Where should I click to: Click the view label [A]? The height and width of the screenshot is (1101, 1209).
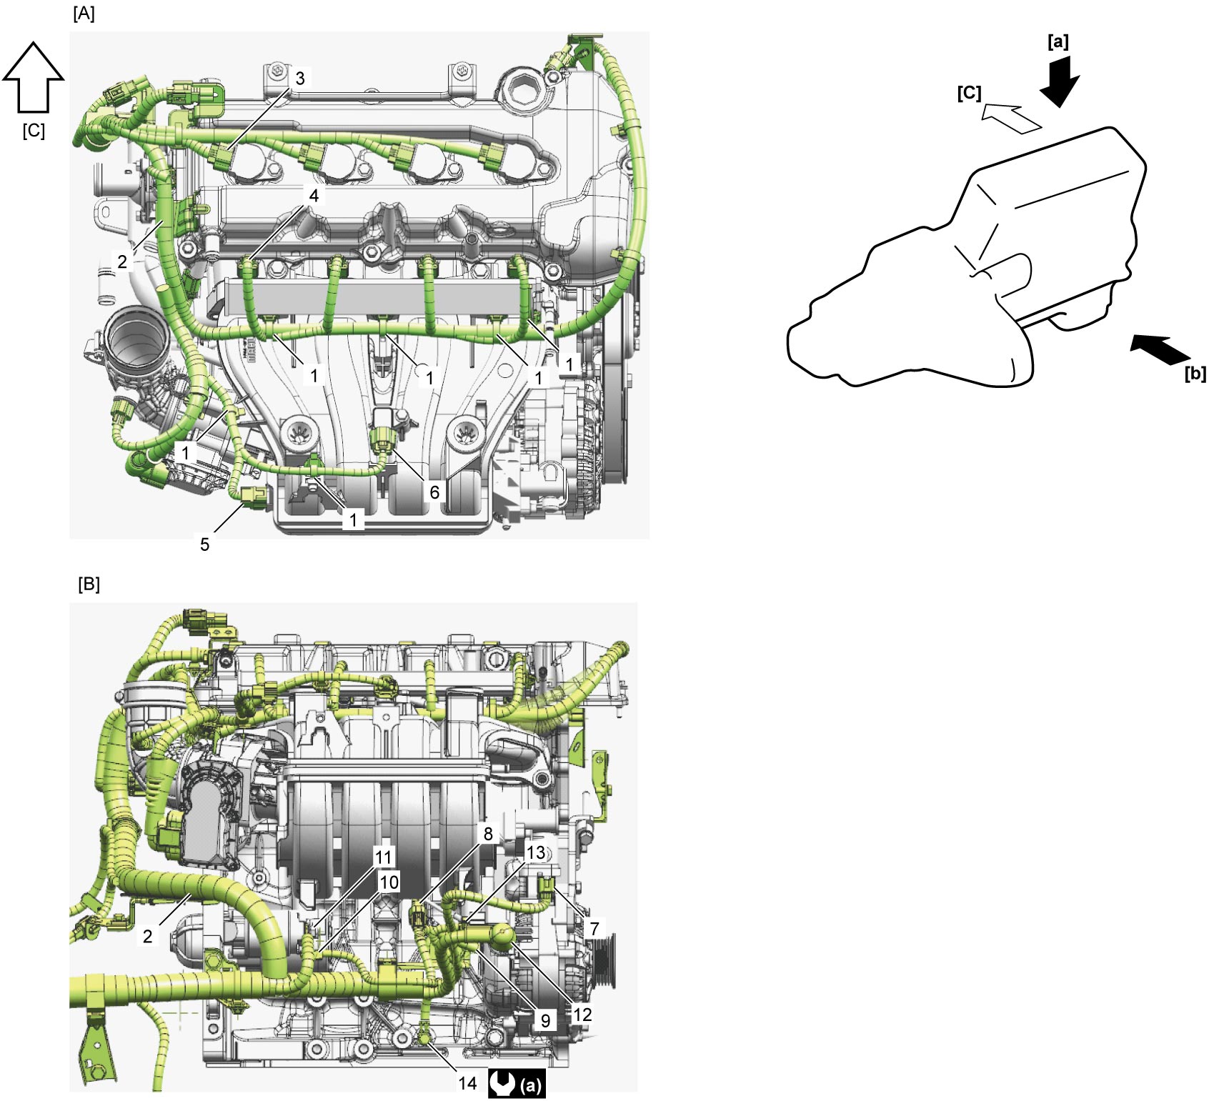pyautogui.click(x=84, y=14)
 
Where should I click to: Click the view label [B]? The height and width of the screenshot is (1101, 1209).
pyautogui.click(x=89, y=584)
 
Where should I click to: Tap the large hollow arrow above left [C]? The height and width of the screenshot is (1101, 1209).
pyautogui.click(x=34, y=76)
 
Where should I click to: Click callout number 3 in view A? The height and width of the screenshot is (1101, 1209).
pyautogui.click(x=300, y=79)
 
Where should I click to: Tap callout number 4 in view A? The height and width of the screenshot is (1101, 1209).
pyautogui.click(x=314, y=195)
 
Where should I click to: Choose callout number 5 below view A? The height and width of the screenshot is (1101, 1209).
pyautogui.click(x=204, y=544)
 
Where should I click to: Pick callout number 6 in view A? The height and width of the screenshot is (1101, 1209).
pyautogui.click(x=434, y=492)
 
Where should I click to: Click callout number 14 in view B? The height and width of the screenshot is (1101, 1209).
pyautogui.click(x=467, y=1083)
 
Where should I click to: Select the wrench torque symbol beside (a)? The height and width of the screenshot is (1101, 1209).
pyautogui.click(x=503, y=1083)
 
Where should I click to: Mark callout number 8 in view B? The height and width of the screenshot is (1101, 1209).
pyautogui.click(x=488, y=834)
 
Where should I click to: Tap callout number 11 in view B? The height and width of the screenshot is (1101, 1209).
pyautogui.click(x=384, y=857)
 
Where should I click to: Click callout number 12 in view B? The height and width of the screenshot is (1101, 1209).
pyautogui.click(x=582, y=1015)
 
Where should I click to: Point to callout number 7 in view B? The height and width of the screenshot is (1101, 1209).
pyautogui.click(x=594, y=929)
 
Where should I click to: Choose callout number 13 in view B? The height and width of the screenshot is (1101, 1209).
pyautogui.click(x=535, y=852)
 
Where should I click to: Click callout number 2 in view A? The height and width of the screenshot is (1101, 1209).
pyautogui.click(x=122, y=261)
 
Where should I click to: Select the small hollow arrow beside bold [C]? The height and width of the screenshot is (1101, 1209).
pyautogui.click(x=1011, y=118)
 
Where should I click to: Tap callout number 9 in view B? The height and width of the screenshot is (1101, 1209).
pyautogui.click(x=546, y=1020)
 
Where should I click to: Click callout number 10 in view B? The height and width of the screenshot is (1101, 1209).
pyautogui.click(x=389, y=882)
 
